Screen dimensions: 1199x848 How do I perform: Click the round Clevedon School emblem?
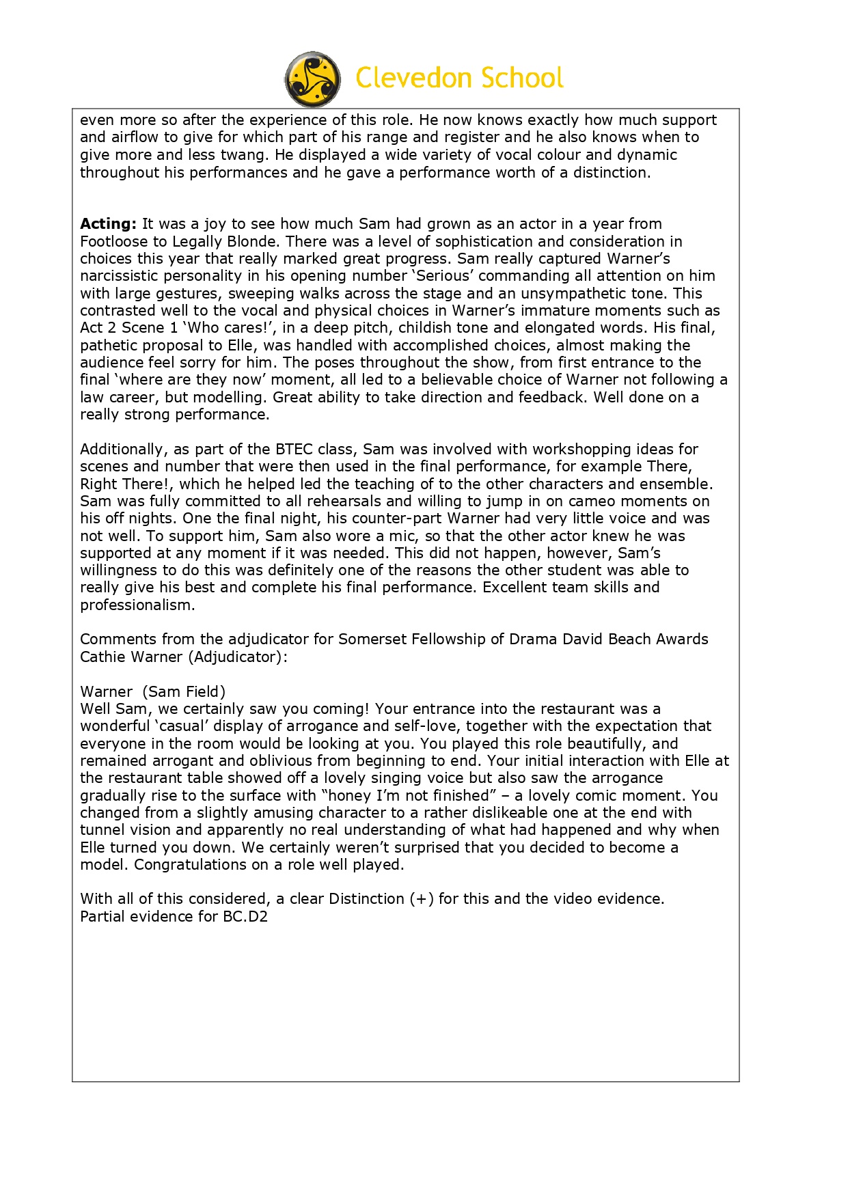click(x=312, y=79)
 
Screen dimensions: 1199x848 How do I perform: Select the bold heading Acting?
click(x=108, y=224)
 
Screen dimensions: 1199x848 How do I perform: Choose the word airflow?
click(x=135, y=137)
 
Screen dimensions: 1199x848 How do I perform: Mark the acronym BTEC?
click(x=294, y=450)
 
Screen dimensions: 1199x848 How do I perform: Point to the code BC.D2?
click(x=245, y=917)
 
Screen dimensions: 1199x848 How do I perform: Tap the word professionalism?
click(x=137, y=605)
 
